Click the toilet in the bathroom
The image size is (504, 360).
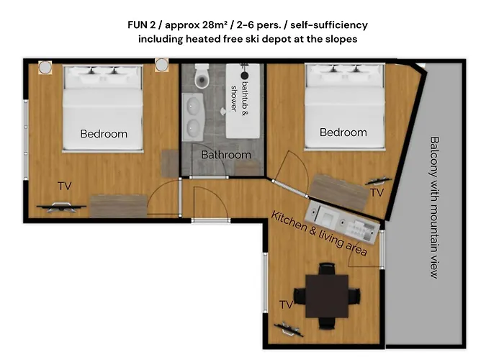(202, 74)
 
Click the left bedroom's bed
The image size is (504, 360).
(103, 108)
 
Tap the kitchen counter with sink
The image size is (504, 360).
(343, 220)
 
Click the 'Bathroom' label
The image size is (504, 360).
(226, 155)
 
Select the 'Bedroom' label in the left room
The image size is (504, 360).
(104, 134)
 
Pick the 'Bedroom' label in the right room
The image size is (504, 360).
(343, 132)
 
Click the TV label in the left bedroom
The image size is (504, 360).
(65, 186)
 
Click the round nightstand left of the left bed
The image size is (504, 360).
(45, 67)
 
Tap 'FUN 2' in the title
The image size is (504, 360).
(144, 25)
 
